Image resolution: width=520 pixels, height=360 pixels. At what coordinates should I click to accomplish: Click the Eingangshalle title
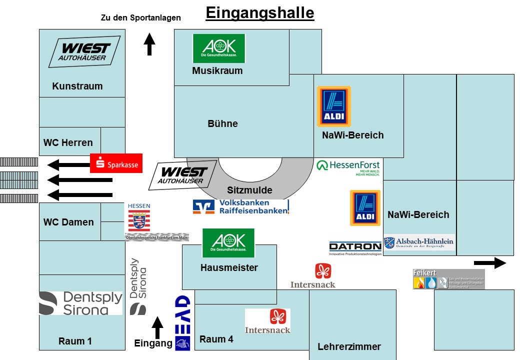[x=260, y=12]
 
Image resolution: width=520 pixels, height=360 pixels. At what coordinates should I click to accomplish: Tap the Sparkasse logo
[x=116, y=163]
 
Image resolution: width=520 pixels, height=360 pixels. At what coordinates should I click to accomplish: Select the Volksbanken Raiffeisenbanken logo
[x=241, y=206]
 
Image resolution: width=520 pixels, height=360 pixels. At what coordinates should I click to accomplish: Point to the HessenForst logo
[x=348, y=167]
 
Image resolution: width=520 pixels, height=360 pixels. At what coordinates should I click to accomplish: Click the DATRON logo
[x=355, y=248]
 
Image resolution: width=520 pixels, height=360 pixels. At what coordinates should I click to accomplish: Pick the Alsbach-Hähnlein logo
[x=419, y=242]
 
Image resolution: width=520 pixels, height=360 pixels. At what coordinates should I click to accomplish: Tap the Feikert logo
[x=448, y=279]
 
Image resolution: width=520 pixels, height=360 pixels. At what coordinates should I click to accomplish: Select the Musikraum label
[x=217, y=71]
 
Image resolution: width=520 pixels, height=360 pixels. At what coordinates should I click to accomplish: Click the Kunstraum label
[x=77, y=86]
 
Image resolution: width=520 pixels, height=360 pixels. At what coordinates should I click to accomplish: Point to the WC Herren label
[x=68, y=142]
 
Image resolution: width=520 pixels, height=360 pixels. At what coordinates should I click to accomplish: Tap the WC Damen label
[x=68, y=222]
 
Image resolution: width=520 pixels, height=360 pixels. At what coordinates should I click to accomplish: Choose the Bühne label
[x=222, y=123]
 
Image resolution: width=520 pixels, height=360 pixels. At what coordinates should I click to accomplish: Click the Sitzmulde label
[x=249, y=190]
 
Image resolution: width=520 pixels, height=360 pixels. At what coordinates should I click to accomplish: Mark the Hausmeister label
[x=229, y=268]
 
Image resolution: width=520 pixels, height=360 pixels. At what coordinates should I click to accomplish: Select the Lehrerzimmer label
[x=349, y=347]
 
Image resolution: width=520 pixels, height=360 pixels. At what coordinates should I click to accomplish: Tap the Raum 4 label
[x=216, y=339]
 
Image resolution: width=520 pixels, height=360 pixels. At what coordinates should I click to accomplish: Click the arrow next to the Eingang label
[x=157, y=328]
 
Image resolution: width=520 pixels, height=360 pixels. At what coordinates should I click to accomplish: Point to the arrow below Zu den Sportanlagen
[x=149, y=44]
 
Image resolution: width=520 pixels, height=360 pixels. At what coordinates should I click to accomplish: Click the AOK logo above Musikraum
[x=219, y=48]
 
